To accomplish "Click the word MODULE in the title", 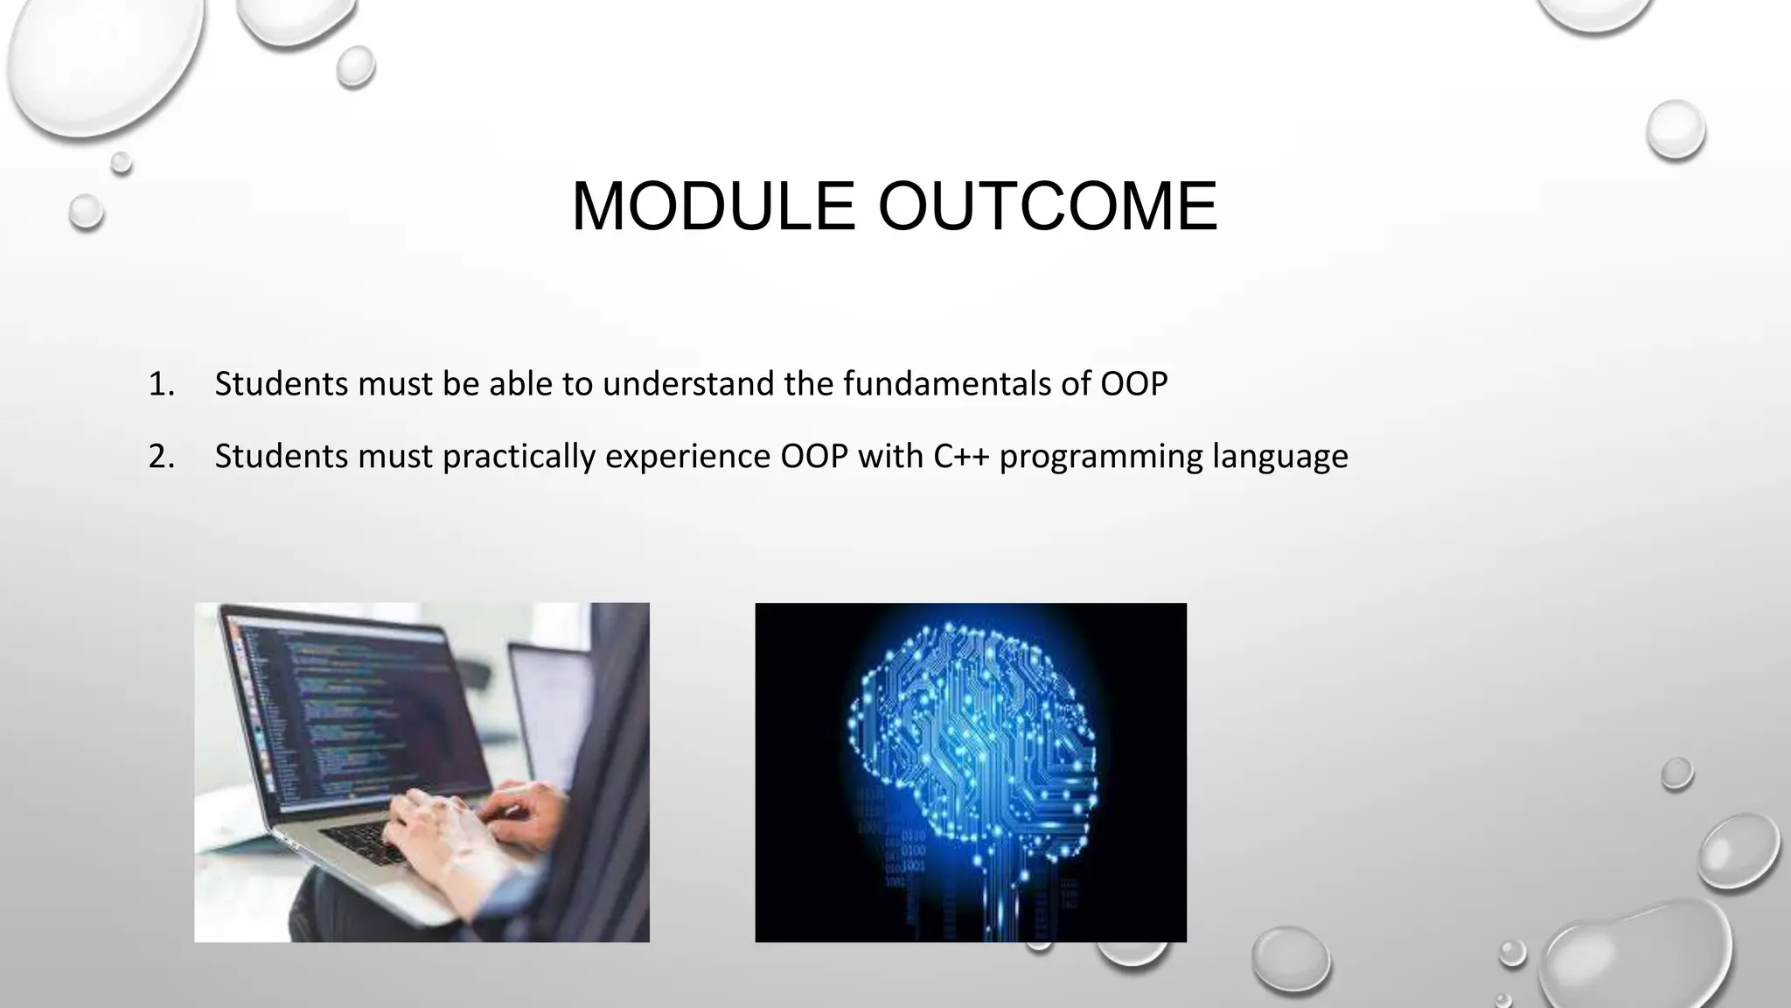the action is [714, 206].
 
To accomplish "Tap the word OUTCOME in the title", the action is [1048, 206].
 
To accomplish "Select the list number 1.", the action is [162, 384].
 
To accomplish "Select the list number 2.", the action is [162, 457].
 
